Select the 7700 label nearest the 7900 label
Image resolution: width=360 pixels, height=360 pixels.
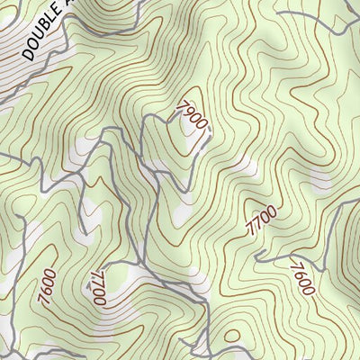point(262,220)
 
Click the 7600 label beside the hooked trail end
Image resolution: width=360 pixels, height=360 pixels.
point(301,278)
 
